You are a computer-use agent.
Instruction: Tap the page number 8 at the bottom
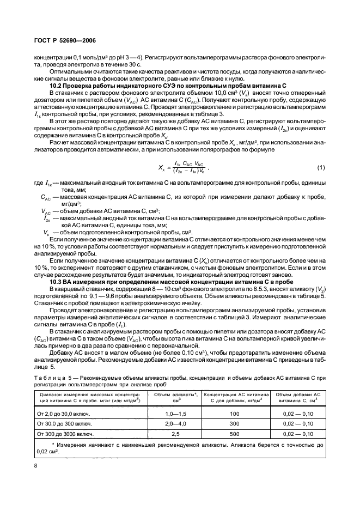(35, 466)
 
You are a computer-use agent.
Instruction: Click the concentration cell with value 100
(234, 414)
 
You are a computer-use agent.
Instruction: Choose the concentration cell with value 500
(234, 434)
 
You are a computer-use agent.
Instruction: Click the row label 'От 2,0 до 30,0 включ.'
(63, 414)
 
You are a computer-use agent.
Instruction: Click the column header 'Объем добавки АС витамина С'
(296, 397)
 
